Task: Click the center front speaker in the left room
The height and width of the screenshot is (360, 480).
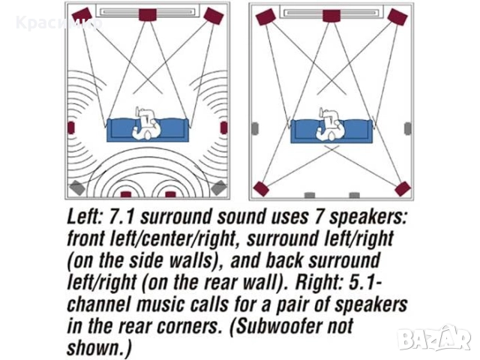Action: (148, 15)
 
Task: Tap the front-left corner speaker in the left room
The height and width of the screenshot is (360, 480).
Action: (82, 15)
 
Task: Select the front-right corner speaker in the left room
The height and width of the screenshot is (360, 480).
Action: (214, 16)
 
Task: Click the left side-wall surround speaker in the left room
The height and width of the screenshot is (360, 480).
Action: (71, 127)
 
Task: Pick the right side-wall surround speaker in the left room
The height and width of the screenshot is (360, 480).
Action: (224, 127)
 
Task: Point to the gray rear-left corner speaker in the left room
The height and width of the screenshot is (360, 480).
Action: (76, 187)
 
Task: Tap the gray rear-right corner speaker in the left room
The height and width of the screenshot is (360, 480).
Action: (218, 187)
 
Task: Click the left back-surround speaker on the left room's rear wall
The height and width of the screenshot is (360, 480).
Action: (126, 195)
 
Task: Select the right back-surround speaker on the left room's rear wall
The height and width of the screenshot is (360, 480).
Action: (170, 195)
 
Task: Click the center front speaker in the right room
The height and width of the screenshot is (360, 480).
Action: (331, 16)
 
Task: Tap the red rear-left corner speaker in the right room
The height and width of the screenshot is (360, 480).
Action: (261, 189)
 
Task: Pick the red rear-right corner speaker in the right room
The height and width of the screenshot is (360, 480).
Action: (403, 189)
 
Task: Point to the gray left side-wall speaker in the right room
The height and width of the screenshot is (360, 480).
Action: (255, 128)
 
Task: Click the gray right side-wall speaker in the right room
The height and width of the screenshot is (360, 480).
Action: (408, 128)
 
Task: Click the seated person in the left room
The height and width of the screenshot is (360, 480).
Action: (147, 124)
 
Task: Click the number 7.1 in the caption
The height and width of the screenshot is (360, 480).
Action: (121, 217)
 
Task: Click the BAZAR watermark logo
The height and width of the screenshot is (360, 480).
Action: (434, 337)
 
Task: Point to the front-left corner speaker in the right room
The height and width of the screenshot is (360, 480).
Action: (265, 16)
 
